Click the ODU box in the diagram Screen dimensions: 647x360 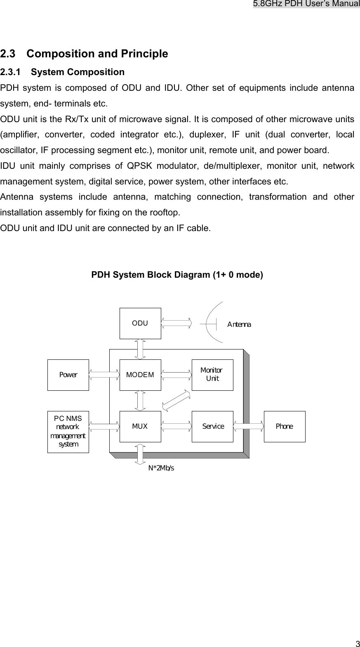(x=140, y=323)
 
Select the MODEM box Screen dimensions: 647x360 (x=140, y=375)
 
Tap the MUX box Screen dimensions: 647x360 (x=140, y=426)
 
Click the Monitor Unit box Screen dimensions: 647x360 (x=212, y=375)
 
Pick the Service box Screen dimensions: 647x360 (x=212, y=426)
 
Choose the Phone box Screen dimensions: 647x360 (x=285, y=426)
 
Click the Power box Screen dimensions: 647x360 (x=68, y=375)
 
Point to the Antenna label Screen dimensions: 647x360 (x=239, y=324)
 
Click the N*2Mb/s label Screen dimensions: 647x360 (x=161, y=468)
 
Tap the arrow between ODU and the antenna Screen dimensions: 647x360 (x=176, y=323)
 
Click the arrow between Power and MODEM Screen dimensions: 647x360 (x=104, y=375)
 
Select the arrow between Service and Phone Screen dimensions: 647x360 (x=249, y=426)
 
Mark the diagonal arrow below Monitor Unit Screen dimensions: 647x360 (x=176, y=400)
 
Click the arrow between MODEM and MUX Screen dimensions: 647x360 (x=140, y=401)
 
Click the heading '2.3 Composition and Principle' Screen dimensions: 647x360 (x=84, y=54)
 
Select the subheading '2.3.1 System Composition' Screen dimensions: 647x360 (x=62, y=72)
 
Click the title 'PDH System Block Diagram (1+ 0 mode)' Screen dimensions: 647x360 (x=177, y=275)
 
